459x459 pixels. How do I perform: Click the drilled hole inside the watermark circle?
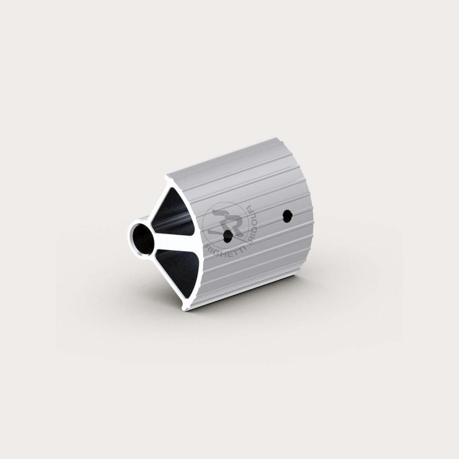point(227,235)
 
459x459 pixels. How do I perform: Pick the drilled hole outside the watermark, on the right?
point(287,216)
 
